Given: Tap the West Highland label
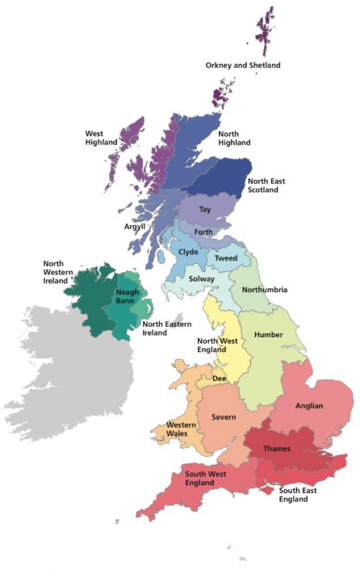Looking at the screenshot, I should tap(102, 137).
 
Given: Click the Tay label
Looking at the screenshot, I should tap(205, 209).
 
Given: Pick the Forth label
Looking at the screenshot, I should tap(203, 232).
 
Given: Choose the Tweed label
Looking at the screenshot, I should tap(226, 257).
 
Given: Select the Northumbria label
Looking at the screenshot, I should tap(265, 290).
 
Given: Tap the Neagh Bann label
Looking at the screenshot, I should tap(128, 296).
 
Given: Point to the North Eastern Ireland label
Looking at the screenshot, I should tap(165, 328).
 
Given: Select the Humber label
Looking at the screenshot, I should tap(268, 334).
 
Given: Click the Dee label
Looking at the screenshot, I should tap(219, 377).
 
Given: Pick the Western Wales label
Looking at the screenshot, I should tap(178, 429).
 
